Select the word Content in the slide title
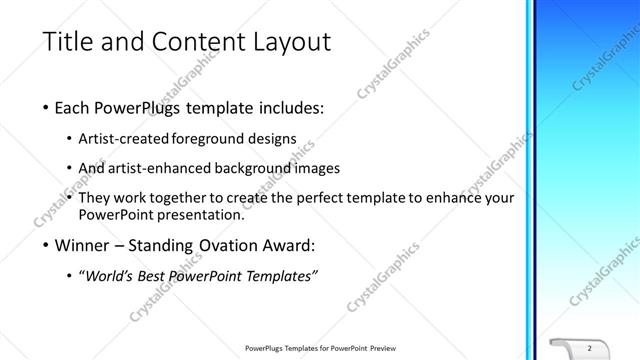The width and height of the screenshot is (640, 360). [x=190, y=42]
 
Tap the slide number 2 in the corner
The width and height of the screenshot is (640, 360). [x=590, y=347]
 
